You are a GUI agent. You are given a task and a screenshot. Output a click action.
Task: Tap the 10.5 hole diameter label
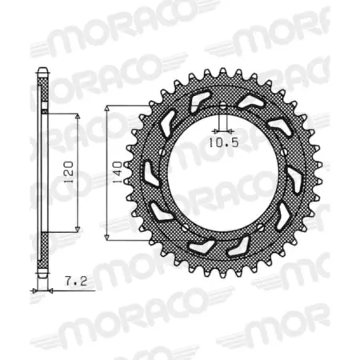pyautogui.click(x=221, y=145)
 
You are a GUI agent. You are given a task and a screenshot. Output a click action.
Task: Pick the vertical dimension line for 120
pyautogui.click(x=78, y=200)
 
